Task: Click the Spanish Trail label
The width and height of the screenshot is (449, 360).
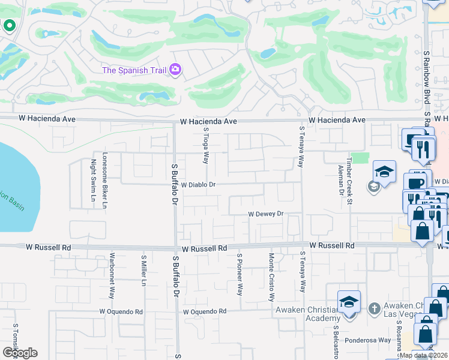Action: point(135,70)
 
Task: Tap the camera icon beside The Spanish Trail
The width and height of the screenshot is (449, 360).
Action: point(175,70)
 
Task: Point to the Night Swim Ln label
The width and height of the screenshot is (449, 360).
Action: point(93,181)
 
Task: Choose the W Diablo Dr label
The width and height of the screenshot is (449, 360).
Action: point(198,185)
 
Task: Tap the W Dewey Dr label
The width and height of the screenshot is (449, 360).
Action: point(265,214)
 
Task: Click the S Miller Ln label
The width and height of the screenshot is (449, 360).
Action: point(143,272)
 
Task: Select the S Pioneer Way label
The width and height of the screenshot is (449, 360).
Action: point(239,274)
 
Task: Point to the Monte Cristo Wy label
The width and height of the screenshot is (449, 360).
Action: point(271,277)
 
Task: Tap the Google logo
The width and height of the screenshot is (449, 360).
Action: point(20,352)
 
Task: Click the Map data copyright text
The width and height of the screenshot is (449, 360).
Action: point(424,355)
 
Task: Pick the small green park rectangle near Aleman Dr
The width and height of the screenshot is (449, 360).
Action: point(360,158)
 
